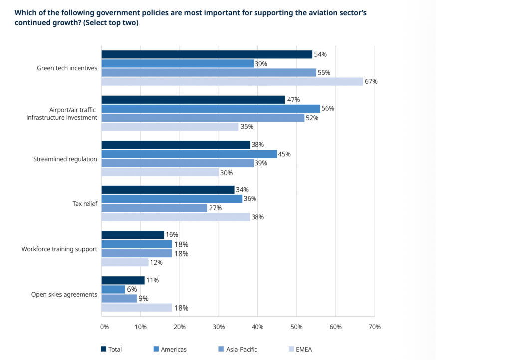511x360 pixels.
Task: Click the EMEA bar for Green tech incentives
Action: (x=232, y=82)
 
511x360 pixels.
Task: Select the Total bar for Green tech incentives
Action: (x=207, y=54)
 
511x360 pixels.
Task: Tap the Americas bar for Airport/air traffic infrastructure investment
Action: (x=211, y=109)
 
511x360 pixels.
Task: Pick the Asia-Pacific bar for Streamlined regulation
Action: (x=178, y=163)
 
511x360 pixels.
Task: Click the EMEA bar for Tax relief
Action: (x=176, y=217)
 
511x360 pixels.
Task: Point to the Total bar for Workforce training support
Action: (x=133, y=235)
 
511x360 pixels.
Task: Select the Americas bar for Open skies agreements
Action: (x=113, y=289)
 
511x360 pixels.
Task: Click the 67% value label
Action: (x=371, y=82)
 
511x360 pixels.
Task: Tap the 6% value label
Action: (x=131, y=289)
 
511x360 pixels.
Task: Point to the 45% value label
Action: (x=284, y=154)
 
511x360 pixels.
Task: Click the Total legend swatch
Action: (x=104, y=349)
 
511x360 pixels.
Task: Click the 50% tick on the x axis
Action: (x=296, y=327)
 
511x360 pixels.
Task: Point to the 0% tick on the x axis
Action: (x=104, y=327)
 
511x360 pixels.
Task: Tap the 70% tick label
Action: (x=374, y=327)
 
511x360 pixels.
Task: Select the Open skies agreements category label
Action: (x=64, y=294)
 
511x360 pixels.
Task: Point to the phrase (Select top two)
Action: (x=111, y=23)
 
